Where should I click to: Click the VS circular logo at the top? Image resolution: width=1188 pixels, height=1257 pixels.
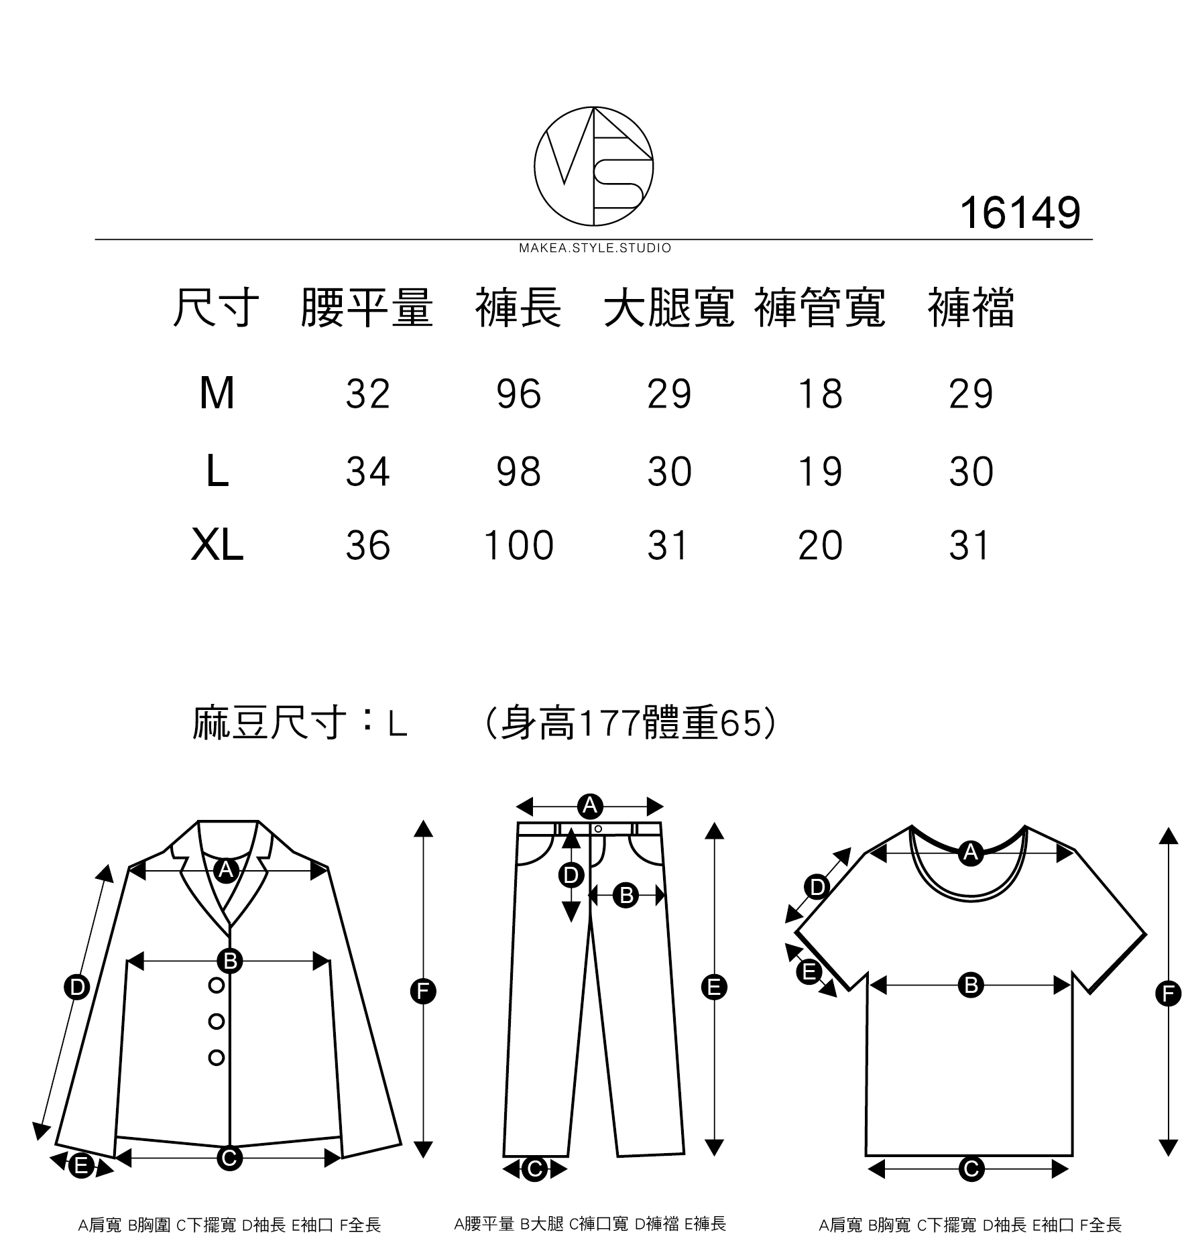point(593,166)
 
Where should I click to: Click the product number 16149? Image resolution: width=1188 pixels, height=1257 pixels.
point(1020,213)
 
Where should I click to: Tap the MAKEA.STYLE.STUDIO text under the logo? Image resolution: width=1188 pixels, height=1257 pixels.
point(595,249)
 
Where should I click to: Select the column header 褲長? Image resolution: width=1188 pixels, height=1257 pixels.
point(518,308)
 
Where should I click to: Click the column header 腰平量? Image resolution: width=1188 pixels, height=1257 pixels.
point(367,308)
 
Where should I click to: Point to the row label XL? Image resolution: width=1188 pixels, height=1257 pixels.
point(217,545)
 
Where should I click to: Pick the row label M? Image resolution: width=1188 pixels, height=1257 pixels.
point(217,394)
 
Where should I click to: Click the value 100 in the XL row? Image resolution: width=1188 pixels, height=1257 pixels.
point(518,545)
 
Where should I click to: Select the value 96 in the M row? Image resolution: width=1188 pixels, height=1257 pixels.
point(518,394)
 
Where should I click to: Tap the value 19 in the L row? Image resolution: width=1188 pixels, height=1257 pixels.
point(820,471)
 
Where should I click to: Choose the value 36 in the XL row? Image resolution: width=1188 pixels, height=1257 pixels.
point(367,545)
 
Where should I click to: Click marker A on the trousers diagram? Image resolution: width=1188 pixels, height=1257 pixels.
point(590,805)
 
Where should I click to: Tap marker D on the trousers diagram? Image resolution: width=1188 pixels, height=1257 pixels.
point(571,875)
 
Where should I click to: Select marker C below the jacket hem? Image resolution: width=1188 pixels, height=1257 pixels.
point(229,1158)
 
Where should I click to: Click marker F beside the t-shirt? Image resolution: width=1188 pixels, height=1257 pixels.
point(1168,993)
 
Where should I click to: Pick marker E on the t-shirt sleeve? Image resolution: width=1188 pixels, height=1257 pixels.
point(809,971)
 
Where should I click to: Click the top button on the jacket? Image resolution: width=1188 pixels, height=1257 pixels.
point(217,985)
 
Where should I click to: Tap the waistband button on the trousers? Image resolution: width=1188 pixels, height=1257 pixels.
point(598,829)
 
